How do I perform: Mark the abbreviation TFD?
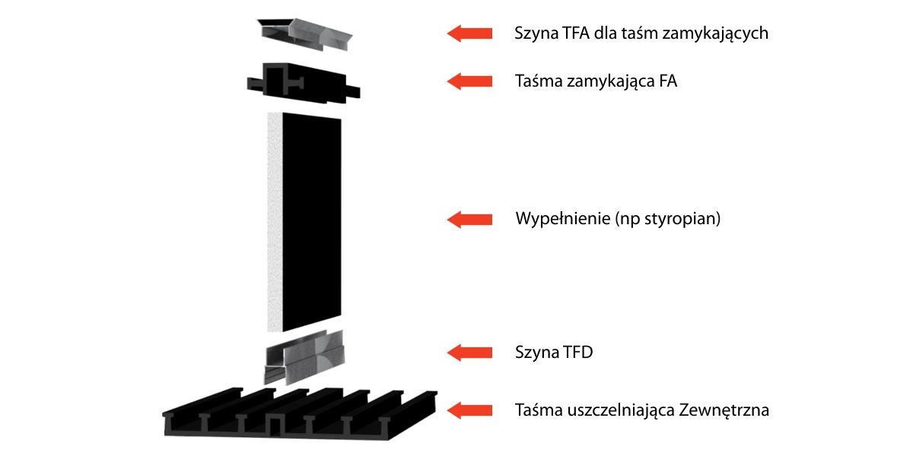[579, 353]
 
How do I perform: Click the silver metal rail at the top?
[304, 33]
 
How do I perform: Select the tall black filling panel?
[312, 222]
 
